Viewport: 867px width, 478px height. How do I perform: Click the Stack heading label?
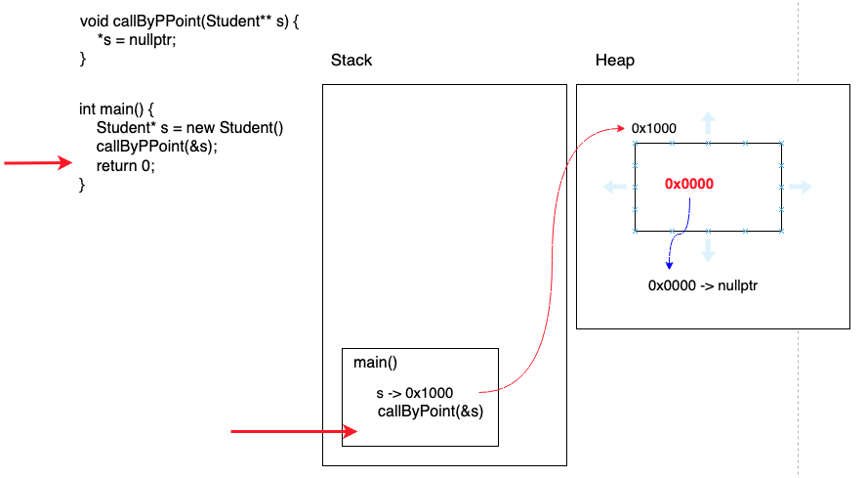[351, 61]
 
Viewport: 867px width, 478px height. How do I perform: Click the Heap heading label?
[614, 61]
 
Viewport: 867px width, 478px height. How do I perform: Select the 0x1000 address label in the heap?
[653, 128]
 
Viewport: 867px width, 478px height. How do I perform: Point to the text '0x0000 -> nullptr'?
[703, 285]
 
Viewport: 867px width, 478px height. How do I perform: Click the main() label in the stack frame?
[376, 362]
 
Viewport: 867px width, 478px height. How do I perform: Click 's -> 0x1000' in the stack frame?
[414, 393]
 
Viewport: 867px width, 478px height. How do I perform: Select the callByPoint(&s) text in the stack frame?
[431, 411]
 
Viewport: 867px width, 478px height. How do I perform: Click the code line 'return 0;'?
[125, 165]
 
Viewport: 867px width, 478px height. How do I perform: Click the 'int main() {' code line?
[117, 109]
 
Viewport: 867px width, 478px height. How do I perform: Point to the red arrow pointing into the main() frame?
[293, 430]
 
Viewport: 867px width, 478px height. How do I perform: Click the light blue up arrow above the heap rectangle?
[709, 123]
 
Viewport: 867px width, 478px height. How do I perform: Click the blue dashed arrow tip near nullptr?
[669, 264]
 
